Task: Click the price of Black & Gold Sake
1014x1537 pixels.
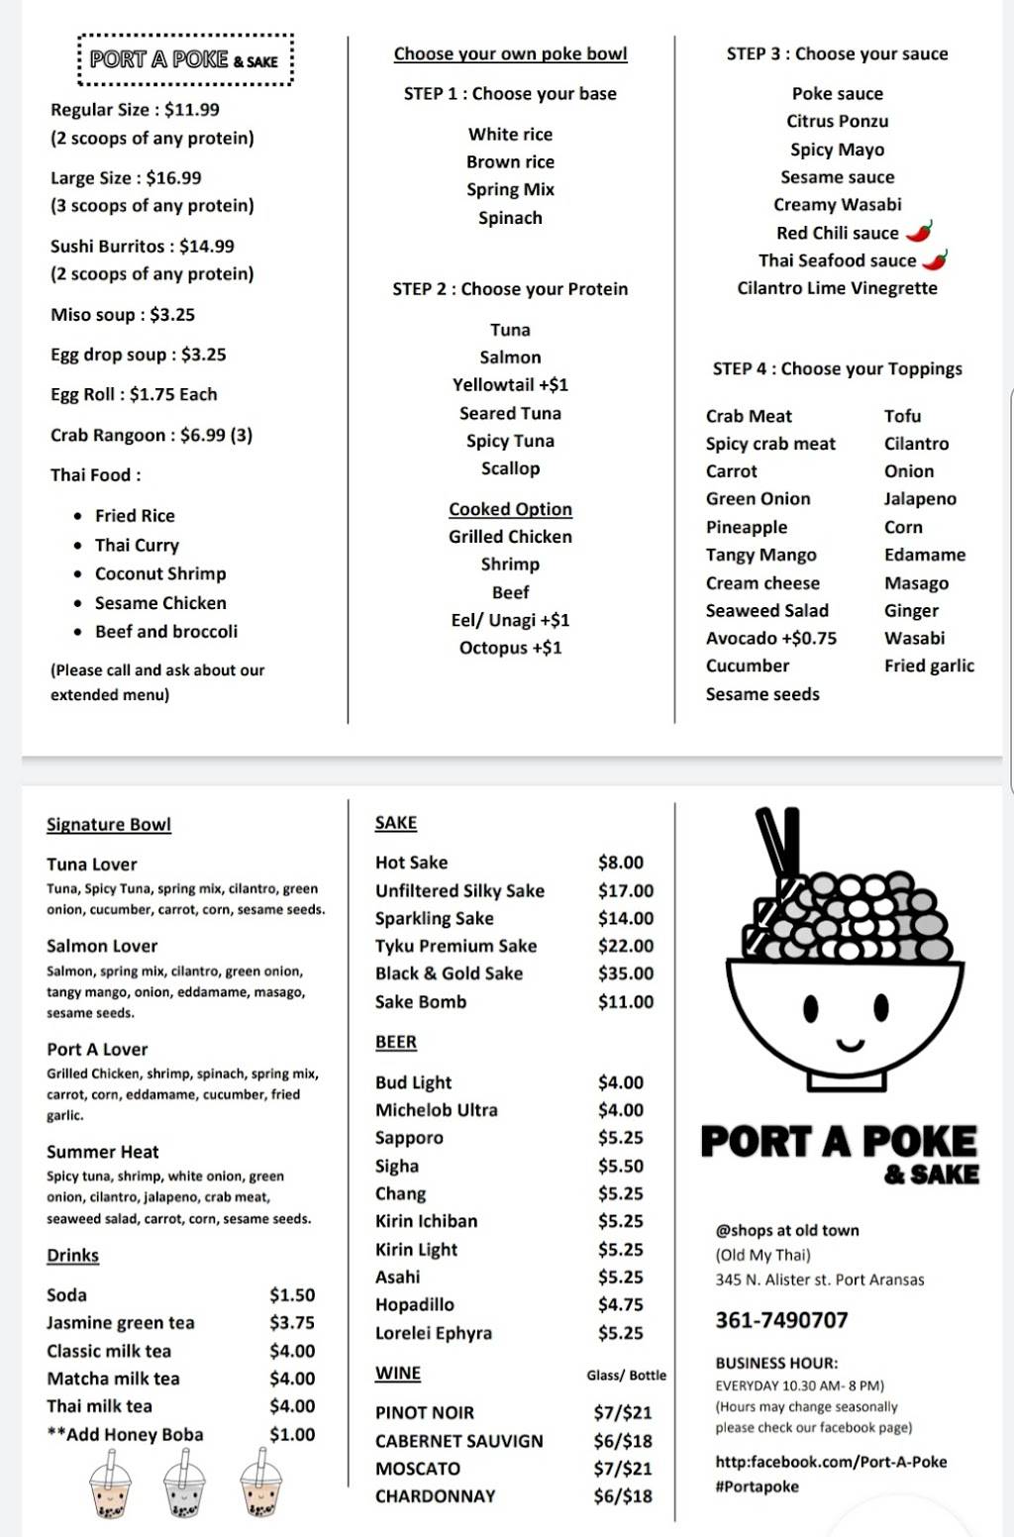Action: coord(625,973)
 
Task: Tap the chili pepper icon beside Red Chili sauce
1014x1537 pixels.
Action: coord(920,233)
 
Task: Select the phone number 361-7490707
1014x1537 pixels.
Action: coord(781,1320)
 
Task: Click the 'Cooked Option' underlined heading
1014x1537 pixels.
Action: coord(510,509)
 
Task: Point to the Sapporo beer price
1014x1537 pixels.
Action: coord(620,1138)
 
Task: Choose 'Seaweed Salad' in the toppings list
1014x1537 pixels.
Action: coord(766,611)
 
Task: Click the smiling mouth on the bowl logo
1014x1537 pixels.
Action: coord(850,1044)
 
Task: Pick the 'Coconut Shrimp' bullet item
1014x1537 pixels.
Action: coord(160,574)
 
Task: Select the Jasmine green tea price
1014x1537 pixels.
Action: coord(291,1323)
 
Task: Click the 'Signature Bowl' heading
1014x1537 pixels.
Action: coord(109,825)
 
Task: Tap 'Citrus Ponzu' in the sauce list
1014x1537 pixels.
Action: coord(837,122)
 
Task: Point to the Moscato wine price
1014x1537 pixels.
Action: coord(622,1469)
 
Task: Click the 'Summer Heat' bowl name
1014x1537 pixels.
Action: coord(103,1152)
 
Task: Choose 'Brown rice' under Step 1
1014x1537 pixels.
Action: coord(510,162)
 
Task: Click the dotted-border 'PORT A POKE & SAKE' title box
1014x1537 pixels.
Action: coord(185,60)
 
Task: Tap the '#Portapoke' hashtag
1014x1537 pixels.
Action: coord(757,1486)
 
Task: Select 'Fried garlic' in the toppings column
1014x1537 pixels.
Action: coord(929,666)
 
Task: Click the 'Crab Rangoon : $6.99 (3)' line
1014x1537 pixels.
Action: coord(152,436)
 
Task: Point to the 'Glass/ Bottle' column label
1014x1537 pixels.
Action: coord(626,1376)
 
